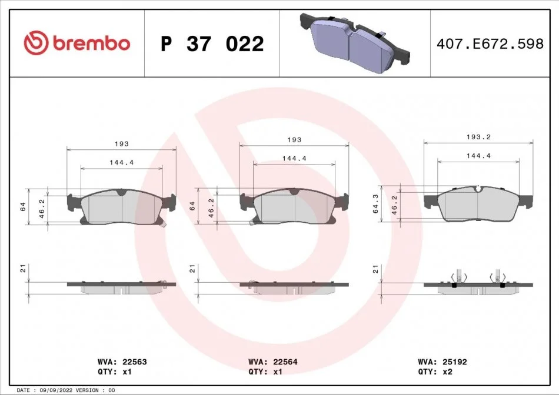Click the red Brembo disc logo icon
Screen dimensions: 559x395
coord(36,43)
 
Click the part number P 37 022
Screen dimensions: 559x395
coord(212,44)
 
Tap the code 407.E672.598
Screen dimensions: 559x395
coord(490,43)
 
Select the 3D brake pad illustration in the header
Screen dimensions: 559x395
coord(355,43)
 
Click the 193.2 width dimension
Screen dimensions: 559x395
coord(478,137)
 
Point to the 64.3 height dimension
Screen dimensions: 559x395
coord(375,204)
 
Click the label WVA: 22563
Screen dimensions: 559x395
coord(122,362)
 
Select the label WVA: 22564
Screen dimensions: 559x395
coord(272,362)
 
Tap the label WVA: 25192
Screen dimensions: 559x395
coord(442,362)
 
